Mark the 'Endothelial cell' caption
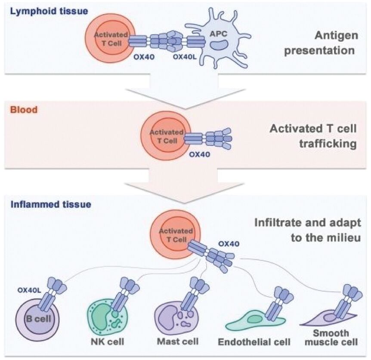click(254, 343)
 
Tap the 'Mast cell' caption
click(178, 342)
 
